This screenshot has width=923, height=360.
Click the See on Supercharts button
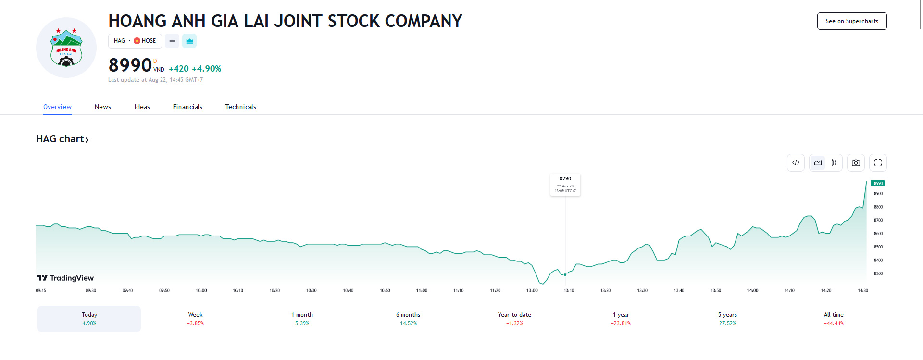(851, 21)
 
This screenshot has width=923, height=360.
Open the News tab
(102, 107)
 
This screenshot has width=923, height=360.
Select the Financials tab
(187, 107)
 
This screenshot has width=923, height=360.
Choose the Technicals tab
(240, 107)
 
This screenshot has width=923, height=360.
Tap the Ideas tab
(142, 107)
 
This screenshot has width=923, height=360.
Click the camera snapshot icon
(856, 163)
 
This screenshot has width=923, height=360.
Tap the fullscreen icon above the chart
(878, 163)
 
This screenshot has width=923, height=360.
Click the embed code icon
(796, 163)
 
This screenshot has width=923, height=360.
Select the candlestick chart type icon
(834, 163)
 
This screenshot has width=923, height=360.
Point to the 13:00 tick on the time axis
(532, 290)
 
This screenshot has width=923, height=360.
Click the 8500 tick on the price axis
(878, 247)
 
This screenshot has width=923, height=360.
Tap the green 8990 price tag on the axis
(878, 184)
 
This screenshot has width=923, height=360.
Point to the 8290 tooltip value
(565, 179)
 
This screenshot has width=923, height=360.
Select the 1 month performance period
(302, 319)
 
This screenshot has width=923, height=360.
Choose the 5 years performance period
(727, 319)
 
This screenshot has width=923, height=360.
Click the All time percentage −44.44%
(834, 323)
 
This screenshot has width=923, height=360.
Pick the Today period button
(89, 319)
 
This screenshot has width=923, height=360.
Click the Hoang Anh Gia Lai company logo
(66, 48)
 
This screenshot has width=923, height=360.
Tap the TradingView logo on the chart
(65, 278)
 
